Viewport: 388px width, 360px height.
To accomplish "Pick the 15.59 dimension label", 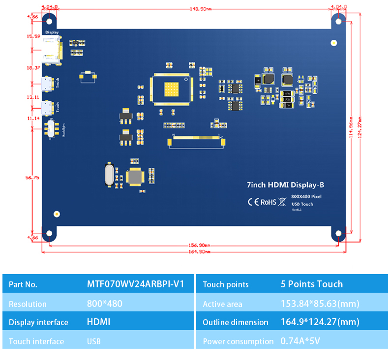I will (33, 36).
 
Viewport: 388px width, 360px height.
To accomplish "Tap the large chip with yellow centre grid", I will (171, 88).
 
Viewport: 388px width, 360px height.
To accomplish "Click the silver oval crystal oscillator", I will (109, 175).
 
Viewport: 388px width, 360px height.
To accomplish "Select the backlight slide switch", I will (50, 130).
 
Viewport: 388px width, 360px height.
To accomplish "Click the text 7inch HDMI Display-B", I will (285, 185).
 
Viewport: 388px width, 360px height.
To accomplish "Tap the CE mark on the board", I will (253, 201).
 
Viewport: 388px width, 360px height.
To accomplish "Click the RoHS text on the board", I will (268, 201).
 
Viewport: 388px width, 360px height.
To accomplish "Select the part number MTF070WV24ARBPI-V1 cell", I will (135, 284).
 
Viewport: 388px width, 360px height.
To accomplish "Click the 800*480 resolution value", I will (104, 304).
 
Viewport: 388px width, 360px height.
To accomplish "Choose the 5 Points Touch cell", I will (311, 284).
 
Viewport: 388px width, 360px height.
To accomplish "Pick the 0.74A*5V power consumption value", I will (300, 341).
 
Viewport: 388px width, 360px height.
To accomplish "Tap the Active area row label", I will (222, 304).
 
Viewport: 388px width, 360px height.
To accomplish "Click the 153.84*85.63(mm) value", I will (320, 304).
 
